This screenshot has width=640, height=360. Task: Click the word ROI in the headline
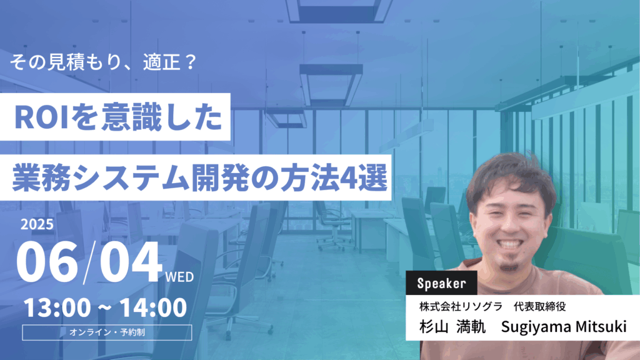[x=41, y=118]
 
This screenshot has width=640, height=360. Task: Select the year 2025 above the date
[x=37, y=224]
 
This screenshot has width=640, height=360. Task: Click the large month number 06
[x=47, y=262]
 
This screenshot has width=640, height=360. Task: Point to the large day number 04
[x=131, y=262]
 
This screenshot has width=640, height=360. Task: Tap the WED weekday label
[x=179, y=277]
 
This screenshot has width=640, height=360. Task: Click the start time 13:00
[x=57, y=307]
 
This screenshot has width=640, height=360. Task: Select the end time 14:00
[x=153, y=307]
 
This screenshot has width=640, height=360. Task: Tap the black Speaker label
[x=441, y=283]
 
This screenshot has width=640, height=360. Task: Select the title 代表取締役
[x=539, y=306]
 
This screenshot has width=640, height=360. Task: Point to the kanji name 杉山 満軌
[x=452, y=326]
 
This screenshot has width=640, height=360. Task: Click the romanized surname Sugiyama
[x=536, y=327]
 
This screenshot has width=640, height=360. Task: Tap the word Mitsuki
[x=601, y=326]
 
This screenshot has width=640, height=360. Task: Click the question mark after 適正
[x=190, y=62]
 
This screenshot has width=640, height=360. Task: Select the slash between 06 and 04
[x=89, y=262]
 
